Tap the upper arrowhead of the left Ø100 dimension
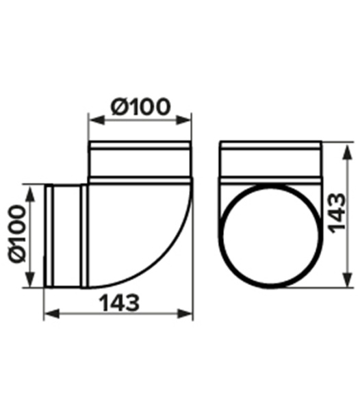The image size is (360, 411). pos(30,189)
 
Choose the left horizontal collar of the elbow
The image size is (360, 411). pos(66,235)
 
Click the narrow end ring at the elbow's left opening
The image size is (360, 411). pos(48,235)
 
